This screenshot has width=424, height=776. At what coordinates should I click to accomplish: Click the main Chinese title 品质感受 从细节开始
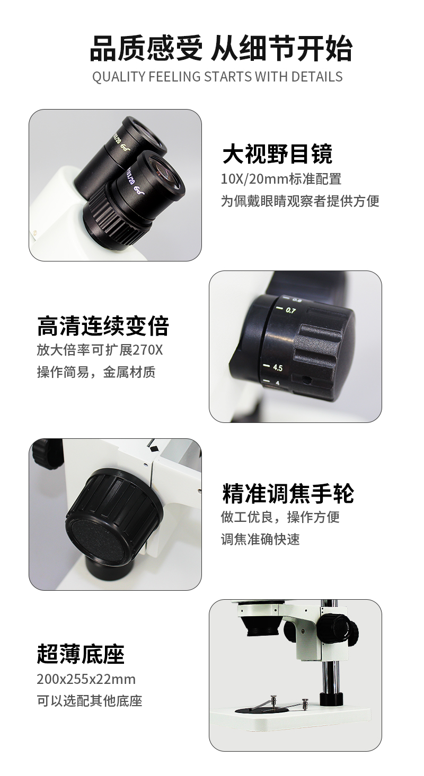[x=221, y=49]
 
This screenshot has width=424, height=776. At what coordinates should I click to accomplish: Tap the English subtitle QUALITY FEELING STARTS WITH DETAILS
[x=217, y=77]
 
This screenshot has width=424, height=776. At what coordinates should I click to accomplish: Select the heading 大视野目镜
[x=277, y=154]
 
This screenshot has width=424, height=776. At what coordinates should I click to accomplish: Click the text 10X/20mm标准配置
[x=281, y=179]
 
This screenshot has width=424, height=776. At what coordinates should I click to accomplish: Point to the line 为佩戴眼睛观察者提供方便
[x=300, y=201]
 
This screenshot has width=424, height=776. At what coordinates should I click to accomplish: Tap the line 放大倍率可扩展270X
[x=100, y=350]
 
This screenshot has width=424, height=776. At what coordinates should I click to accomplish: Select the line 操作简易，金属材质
[x=96, y=372]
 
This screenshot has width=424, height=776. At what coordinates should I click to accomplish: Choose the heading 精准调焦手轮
[x=288, y=493]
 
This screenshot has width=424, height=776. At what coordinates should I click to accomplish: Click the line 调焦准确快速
[x=260, y=539]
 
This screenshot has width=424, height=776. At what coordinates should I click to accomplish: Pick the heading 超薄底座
[x=81, y=654]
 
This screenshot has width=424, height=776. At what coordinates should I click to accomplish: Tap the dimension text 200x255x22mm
[x=86, y=679]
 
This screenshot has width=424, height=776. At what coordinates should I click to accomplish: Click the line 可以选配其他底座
[x=90, y=701]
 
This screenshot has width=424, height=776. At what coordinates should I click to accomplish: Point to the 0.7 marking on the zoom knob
[x=290, y=310]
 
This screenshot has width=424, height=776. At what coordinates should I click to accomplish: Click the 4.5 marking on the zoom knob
[x=278, y=367]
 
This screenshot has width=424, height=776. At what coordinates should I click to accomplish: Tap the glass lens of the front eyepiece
[x=163, y=171]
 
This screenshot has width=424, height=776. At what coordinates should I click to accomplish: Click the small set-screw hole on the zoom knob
[x=306, y=380]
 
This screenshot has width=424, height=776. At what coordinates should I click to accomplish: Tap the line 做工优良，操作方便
[x=280, y=517]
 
